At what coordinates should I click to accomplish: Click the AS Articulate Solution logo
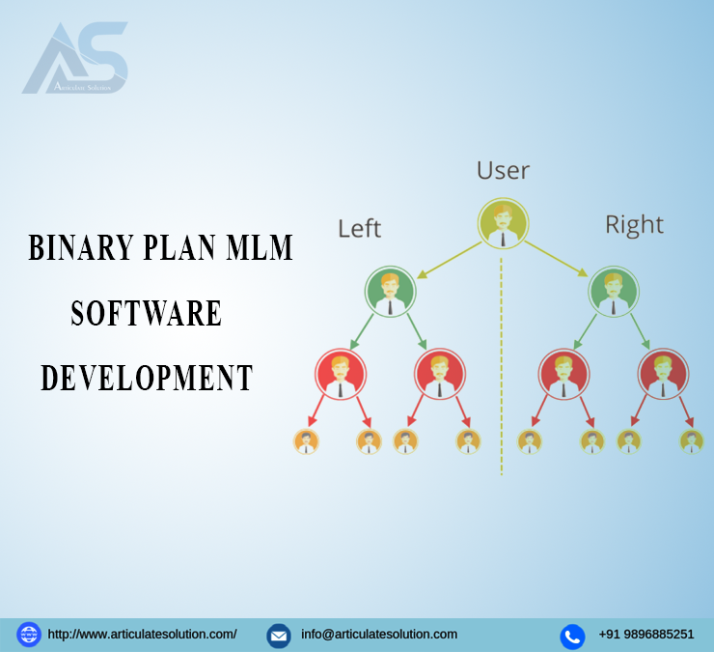point(75,58)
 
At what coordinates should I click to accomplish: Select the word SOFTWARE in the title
point(146,313)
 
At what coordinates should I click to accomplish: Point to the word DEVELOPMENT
point(147,378)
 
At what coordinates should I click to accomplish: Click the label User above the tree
point(503,171)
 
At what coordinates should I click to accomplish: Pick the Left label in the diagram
point(359,228)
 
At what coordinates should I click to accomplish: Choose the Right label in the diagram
point(634,225)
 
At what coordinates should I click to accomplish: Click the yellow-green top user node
point(503,223)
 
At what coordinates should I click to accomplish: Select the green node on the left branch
point(390,292)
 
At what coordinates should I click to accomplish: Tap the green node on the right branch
point(614,292)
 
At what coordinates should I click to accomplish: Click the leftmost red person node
point(341,374)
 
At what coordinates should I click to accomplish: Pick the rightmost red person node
point(663,374)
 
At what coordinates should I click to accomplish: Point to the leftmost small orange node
point(306,441)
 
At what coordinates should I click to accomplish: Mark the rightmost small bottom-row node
point(692,441)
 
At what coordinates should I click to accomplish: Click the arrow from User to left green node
point(449,260)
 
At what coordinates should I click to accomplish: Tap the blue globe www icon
point(29,635)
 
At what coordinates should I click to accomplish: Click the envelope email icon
point(279,636)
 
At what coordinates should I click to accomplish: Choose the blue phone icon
point(572,637)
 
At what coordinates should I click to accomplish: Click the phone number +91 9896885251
point(646,635)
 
